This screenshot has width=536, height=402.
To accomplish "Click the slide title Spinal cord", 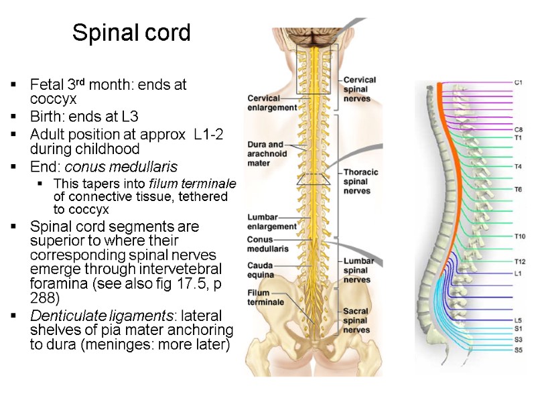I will click(x=131, y=32).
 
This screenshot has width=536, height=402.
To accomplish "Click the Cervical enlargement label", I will click(x=271, y=102).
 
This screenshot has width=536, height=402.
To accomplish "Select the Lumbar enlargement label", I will click(x=271, y=222).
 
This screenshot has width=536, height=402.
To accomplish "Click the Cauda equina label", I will click(x=260, y=270).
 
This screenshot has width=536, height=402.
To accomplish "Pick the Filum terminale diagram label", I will click(x=265, y=297).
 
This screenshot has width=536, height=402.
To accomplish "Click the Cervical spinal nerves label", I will click(x=360, y=88).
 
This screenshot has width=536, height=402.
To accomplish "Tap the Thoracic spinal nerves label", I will click(x=360, y=181).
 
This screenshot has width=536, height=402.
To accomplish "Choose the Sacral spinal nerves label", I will click(x=356, y=320).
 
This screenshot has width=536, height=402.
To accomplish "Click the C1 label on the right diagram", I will click(x=518, y=82).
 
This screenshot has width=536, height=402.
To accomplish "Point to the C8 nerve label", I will click(x=518, y=129).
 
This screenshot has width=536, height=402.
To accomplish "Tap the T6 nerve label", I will click(x=518, y=190).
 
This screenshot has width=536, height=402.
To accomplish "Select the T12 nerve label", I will click(x=519, y=261).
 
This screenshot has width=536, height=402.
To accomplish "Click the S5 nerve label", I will click(x=518, y=350).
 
